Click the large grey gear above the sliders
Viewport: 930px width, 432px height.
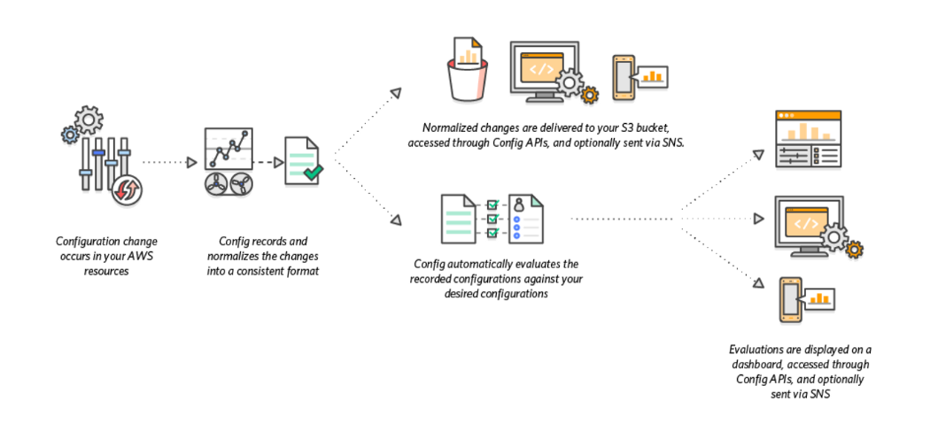[x=89, y=120]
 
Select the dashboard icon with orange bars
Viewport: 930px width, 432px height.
[x=807, y=139]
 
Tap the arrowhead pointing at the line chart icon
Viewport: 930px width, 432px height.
[x=191, y=162]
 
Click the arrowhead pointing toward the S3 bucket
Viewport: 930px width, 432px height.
[x=396, y=93]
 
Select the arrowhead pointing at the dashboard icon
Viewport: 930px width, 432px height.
[x=757, y=155]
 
